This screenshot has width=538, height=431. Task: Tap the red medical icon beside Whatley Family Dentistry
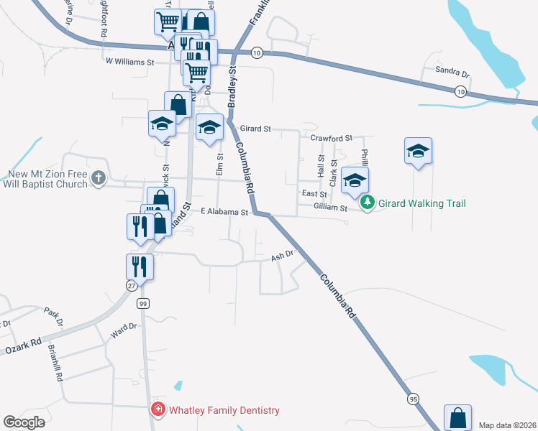[157, 410]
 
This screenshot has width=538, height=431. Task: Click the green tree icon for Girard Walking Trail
[368, 203]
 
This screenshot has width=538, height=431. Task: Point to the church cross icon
[99, 178]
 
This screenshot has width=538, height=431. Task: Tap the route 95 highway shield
[413, 398]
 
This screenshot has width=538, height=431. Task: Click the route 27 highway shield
[132, 285]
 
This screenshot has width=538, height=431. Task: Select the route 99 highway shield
[143, 303]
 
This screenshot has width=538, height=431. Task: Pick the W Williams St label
[130, 62]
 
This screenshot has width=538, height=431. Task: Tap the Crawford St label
[331, 137]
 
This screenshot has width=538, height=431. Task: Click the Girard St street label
[255, 129]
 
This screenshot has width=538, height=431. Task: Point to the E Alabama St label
[224, 213]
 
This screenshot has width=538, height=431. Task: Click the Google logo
[24, 422]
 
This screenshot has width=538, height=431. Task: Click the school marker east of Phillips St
[418, 152]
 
